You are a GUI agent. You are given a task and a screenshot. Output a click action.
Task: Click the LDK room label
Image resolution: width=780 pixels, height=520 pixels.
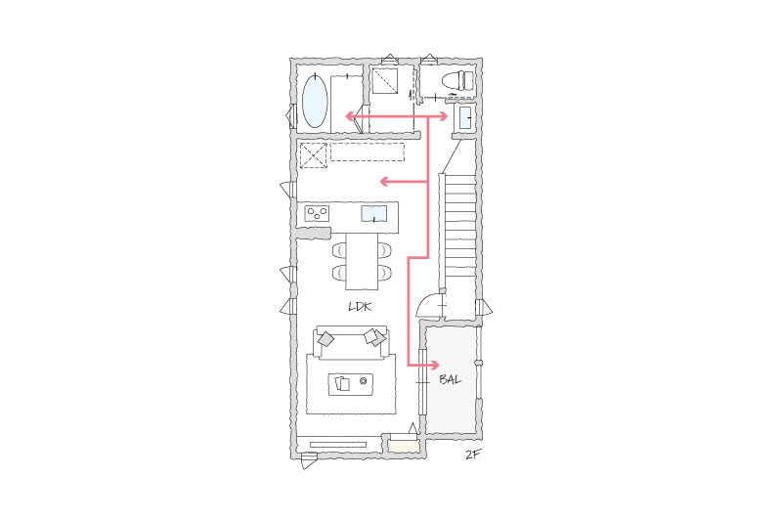pyautogui.click(x=360, y=307)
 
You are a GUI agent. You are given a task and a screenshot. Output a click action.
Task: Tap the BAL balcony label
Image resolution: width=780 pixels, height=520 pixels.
pyautogui.click(x=451, y=379)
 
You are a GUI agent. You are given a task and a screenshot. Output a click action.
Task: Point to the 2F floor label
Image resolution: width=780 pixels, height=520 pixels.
pyautogui.click(x=473, y=455)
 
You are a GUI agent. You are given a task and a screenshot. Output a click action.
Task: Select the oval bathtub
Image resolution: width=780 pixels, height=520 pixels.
pyautogui.click(x=315, y=101)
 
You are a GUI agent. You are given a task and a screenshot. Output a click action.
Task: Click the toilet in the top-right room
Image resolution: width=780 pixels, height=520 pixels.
pyautogui.click(x=457, y=80)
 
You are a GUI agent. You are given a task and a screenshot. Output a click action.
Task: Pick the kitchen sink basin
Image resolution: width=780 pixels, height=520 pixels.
pyautogui.click(x=374, y=213)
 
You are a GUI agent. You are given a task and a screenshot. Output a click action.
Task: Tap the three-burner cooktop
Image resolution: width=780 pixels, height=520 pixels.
pyautogui.click(x=317, y=213)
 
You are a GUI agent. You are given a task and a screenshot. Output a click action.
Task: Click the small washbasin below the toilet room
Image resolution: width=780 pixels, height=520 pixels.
pyautogui.click(x=465, y=118)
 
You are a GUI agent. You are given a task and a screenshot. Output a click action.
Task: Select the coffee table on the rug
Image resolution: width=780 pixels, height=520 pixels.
pyautogui.click(x=351, y=384)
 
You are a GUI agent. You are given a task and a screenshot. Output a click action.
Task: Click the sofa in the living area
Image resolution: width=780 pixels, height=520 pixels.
pyautogui.click(x=351, y=343)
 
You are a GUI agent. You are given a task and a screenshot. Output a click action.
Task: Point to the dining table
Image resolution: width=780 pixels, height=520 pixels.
pyautogui.click(x=362, y=261)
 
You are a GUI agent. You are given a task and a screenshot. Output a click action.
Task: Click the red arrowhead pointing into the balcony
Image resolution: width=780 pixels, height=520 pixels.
pyautogui.click(x=434, y=366)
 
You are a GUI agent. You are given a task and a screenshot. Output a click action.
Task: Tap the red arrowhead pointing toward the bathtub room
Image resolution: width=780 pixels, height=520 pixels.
pyautogui.click(x=351, y=117)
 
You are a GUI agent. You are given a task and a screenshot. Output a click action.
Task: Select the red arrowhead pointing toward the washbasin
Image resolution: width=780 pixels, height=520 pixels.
pyautogui.click(x=442, y=117)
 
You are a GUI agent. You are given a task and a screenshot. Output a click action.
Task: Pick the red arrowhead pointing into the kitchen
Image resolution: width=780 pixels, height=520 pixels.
pyautogui.click(x=385, y=182)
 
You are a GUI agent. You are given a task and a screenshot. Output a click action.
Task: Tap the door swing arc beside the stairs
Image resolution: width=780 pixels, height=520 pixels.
pyautogui.click(x=423, y=302)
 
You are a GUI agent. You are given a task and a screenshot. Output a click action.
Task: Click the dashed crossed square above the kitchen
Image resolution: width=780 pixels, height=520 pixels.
pyautogui.click(x=314, y=155)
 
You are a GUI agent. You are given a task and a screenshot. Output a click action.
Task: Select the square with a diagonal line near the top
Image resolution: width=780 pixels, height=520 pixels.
pyautogui.click(x=384, y=80)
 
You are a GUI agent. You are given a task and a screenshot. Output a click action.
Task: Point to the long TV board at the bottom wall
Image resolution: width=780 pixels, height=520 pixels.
pyautogui.click(x=338, y=445)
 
